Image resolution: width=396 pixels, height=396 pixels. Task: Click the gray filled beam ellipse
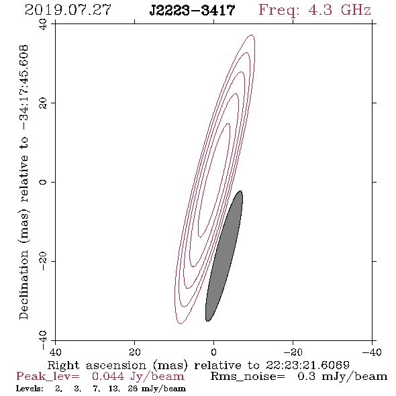224,256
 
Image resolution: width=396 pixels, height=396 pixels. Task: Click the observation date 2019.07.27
68,10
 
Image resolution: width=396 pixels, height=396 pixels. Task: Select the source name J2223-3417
192,11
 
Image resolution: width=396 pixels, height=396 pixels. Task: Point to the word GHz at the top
356,10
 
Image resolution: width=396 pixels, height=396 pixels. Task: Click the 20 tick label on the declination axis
43,103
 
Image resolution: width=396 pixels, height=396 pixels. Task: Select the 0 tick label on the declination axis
43,182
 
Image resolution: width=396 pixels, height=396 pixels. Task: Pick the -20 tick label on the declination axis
43,261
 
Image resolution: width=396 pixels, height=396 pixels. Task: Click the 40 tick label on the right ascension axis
55,352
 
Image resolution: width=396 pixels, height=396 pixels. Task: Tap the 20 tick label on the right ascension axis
135,352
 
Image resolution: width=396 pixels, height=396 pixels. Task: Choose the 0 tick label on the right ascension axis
214,352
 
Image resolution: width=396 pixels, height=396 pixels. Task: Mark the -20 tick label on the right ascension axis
293,352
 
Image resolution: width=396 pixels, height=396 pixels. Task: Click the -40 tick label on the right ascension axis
372,352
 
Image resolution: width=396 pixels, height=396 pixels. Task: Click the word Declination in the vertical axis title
23,285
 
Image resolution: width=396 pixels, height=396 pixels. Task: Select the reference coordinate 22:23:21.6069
307,365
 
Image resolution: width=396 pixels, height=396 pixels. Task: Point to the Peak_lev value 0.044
108,377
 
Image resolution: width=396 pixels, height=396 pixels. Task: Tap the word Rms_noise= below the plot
248,377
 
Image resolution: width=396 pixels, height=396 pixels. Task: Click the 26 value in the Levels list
133,389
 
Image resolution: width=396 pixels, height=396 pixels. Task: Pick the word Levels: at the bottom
30,389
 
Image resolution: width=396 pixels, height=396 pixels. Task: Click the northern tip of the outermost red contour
252,35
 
